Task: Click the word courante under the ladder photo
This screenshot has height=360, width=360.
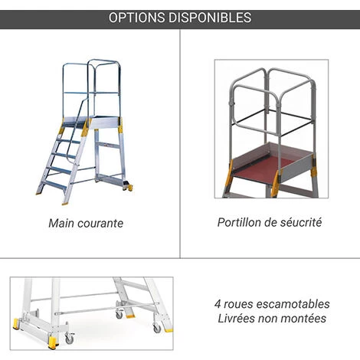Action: pos(101,224)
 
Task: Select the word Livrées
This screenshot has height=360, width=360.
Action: pos(235,319)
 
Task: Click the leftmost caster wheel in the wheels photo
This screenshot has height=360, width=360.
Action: pos(69,338)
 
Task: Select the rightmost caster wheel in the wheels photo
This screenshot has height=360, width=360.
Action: pos(157,328)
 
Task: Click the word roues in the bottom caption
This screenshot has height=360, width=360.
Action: pos(240,303)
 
